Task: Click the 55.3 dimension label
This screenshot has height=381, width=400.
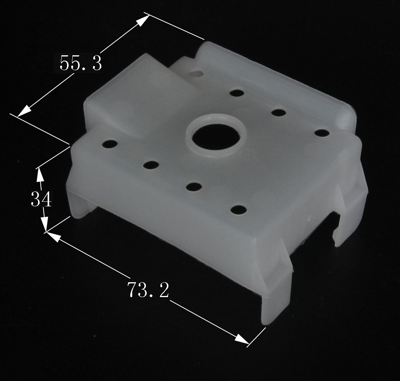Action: tap(81, 63)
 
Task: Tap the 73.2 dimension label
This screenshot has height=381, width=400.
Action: tap(148, 289)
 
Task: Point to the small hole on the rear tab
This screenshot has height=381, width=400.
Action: tap(197, 74)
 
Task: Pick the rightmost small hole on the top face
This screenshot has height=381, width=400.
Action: tap(322, 133)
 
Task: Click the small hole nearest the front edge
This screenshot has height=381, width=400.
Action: tap(238, 210)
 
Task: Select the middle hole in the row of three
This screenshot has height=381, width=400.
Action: tap(278, 113)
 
